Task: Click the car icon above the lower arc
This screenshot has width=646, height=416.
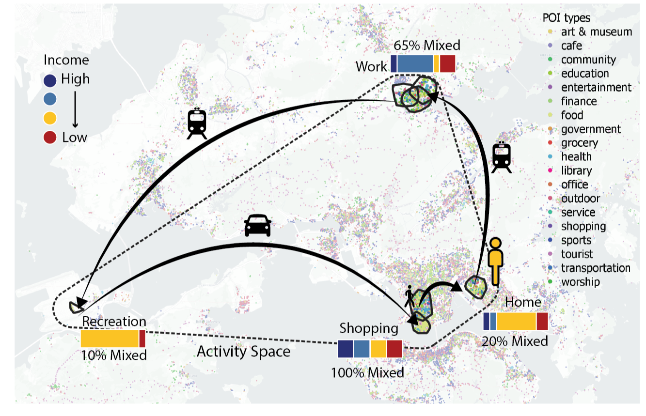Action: coord(258,226)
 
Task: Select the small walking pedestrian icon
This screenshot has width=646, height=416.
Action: coord(409,296)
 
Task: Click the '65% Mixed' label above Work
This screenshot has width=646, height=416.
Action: coord(427,45)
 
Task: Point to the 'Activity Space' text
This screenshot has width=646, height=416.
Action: coord(243,352)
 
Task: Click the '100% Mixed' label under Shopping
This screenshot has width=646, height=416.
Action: coord(367,373)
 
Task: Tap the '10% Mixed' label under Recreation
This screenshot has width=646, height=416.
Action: coord(113,355)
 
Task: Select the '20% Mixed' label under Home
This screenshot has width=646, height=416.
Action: coord(515,341)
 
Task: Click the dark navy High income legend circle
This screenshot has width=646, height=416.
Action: coord(50,80)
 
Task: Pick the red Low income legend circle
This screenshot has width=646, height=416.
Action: coord(50,137)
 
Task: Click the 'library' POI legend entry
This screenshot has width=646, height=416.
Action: coord(571,170)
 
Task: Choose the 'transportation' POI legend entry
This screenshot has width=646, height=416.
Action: coord(589,268)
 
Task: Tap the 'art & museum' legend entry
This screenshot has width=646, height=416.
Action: coord(589,31)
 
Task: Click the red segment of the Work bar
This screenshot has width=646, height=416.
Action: coord(448,64)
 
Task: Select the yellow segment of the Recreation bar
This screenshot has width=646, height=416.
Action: coord(110,339)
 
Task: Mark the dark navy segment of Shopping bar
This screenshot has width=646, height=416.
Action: coord(346,349)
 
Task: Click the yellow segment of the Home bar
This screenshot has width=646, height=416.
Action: coord(516,321)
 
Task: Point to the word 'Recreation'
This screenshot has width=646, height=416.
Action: coord(114,322)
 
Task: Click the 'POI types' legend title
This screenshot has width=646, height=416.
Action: coord(567,18)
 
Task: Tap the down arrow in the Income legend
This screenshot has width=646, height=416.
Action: coord(75,109)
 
